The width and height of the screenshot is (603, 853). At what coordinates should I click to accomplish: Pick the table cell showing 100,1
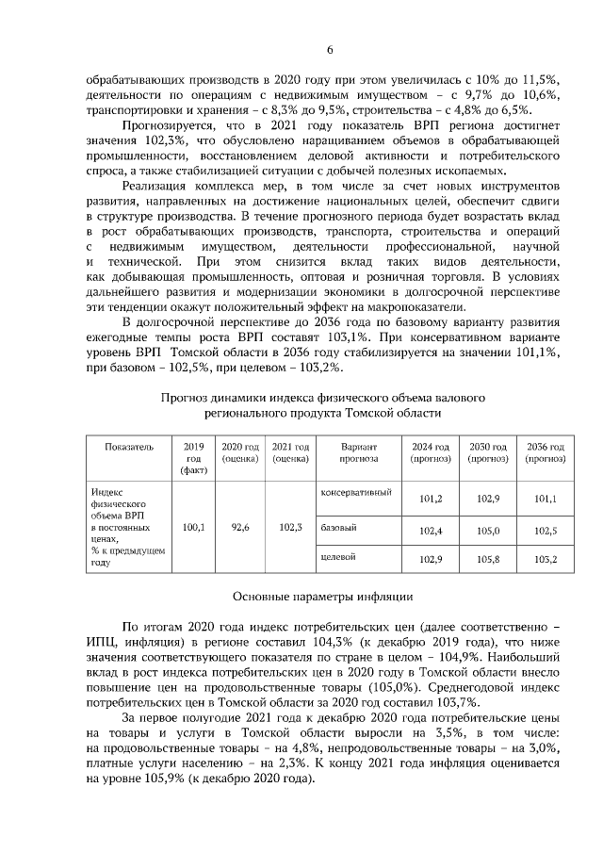point(193,528)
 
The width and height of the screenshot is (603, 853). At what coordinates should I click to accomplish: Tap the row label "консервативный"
point(356,493)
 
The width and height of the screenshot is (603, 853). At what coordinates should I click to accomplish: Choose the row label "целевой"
point(338,557)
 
